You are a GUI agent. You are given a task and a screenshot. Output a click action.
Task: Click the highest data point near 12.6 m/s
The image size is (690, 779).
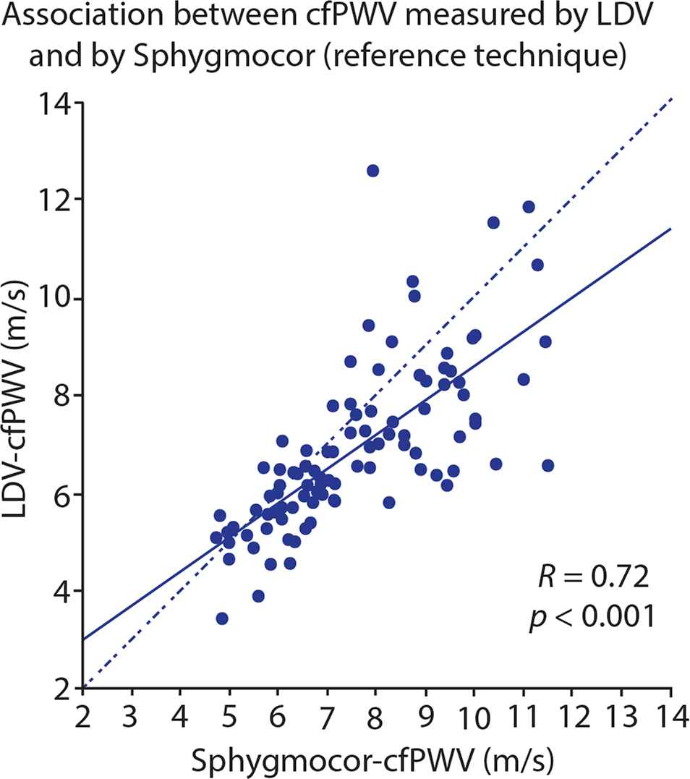(x=372, y=171)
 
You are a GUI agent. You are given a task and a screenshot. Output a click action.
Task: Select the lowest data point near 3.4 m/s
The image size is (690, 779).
(x=222, y=618)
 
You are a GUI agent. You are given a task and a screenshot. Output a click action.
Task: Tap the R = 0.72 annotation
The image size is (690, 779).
(x=593, y=576)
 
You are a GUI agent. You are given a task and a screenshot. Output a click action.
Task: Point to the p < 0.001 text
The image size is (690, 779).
(x=592, y=617)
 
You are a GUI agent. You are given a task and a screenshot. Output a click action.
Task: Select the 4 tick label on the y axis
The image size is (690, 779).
(x=64, y=592)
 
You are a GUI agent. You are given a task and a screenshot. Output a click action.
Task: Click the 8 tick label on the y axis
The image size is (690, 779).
(x=64, y=396)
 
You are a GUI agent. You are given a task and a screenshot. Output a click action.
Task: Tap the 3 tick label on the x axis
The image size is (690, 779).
(x=131, y=716)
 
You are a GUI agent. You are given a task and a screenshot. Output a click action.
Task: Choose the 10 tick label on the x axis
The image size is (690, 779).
(x=474, y=718)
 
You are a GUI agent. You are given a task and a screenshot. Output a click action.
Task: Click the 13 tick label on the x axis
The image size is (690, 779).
(x=621, y=716)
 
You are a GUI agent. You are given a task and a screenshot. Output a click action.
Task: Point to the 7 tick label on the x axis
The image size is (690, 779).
(x=327, y=718)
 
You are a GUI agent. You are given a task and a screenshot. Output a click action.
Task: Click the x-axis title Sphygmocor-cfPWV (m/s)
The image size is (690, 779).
(x=372, y=761)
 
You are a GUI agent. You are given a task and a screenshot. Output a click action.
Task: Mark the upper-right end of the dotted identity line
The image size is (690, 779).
(x=672, y=99)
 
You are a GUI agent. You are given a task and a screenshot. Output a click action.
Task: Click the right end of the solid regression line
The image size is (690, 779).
(x=671, y=229)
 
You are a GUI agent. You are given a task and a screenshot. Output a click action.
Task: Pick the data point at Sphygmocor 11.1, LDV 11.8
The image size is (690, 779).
(x=529, y=207)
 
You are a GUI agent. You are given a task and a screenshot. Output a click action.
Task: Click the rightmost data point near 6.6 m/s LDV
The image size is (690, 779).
(x=548, y=466)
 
